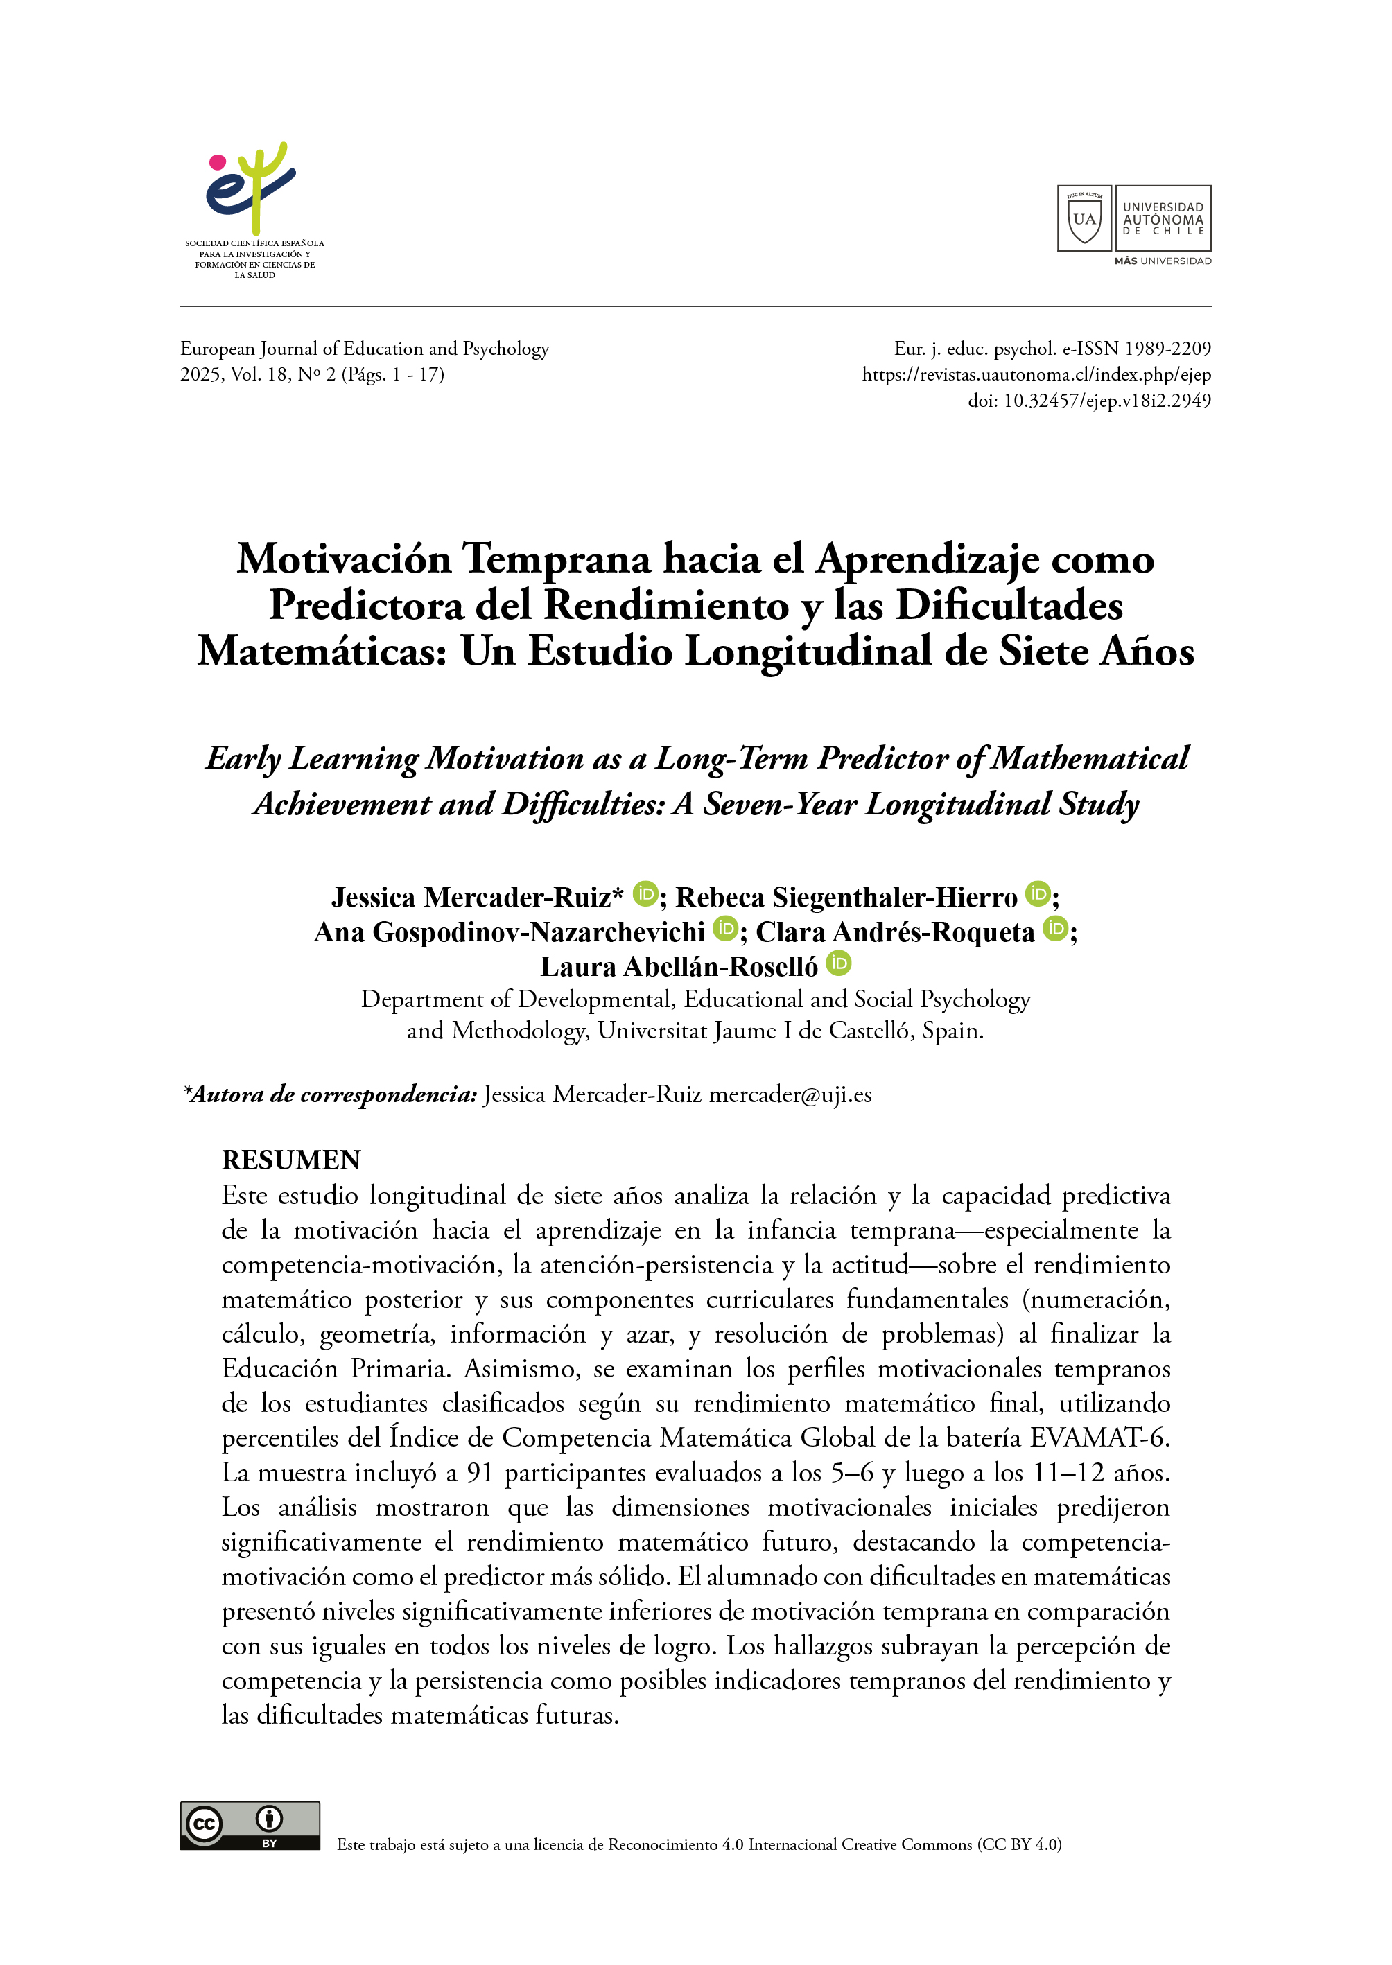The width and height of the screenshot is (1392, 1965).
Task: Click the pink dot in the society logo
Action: pyautogui.click(x=218, y=162)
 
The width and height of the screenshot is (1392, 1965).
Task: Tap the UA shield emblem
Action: pyautogui.click(x=1084, y=218)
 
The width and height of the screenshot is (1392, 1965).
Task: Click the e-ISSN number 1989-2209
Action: pyautogui.click(x=1167, y=349)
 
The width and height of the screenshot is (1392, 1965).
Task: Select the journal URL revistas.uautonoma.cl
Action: pyautogui.click(x=1036, y=374)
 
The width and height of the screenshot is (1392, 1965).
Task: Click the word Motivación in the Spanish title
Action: pyautogui.click(x=344, y=559)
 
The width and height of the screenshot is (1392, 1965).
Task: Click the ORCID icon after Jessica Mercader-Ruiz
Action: pyautogui.click(x=645, y=894)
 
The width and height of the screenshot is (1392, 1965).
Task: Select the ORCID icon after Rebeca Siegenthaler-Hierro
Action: pyautogui.click(x=1038, y=894)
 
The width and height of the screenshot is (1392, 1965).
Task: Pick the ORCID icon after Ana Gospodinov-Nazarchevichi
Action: pyautogui.click(x=725, y=928)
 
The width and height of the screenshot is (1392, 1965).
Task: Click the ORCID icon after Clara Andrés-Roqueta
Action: pyautogui.click(x=1056, y=928)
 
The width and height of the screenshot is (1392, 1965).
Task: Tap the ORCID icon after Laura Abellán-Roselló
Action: pyautogui.click(x=838, y=963)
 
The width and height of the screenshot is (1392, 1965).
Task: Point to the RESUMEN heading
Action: pyautogui.click(x=291, y=1160)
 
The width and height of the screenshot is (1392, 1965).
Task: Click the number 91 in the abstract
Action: pyautogui.click(x=480, y=1473)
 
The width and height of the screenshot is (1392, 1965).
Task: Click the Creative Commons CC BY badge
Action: pyautogui.click(x=250, y=1825)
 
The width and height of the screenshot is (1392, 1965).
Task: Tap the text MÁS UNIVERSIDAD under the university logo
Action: pyautogui.click(x=1163, y=261)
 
